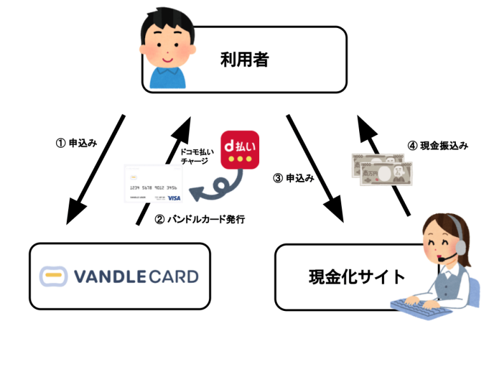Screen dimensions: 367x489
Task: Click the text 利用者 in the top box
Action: point(245,61)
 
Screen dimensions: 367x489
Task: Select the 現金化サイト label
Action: point(357,277)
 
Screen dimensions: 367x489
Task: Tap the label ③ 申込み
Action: point(294,178)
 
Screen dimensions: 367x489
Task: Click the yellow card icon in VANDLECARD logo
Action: point(53,276)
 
